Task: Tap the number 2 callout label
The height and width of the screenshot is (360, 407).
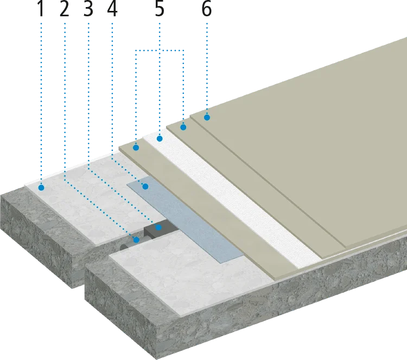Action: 65,8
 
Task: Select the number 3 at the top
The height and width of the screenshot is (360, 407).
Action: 88,8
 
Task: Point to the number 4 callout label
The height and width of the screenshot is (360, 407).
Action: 112,8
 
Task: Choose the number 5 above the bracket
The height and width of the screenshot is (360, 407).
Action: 160,8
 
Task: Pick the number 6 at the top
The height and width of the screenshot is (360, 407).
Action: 207,8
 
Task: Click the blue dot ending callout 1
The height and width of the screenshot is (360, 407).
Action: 41,187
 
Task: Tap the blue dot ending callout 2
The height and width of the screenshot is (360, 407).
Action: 135,237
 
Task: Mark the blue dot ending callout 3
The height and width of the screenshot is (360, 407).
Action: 158,228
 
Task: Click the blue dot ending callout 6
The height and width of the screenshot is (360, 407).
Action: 207,117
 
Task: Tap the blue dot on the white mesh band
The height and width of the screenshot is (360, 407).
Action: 160,140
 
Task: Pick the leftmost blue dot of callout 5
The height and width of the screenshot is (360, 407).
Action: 136,146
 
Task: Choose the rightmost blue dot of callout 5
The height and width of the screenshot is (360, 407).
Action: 183,128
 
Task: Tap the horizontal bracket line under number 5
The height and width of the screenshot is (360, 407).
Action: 160,49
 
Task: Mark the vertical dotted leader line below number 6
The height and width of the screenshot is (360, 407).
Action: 207,65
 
